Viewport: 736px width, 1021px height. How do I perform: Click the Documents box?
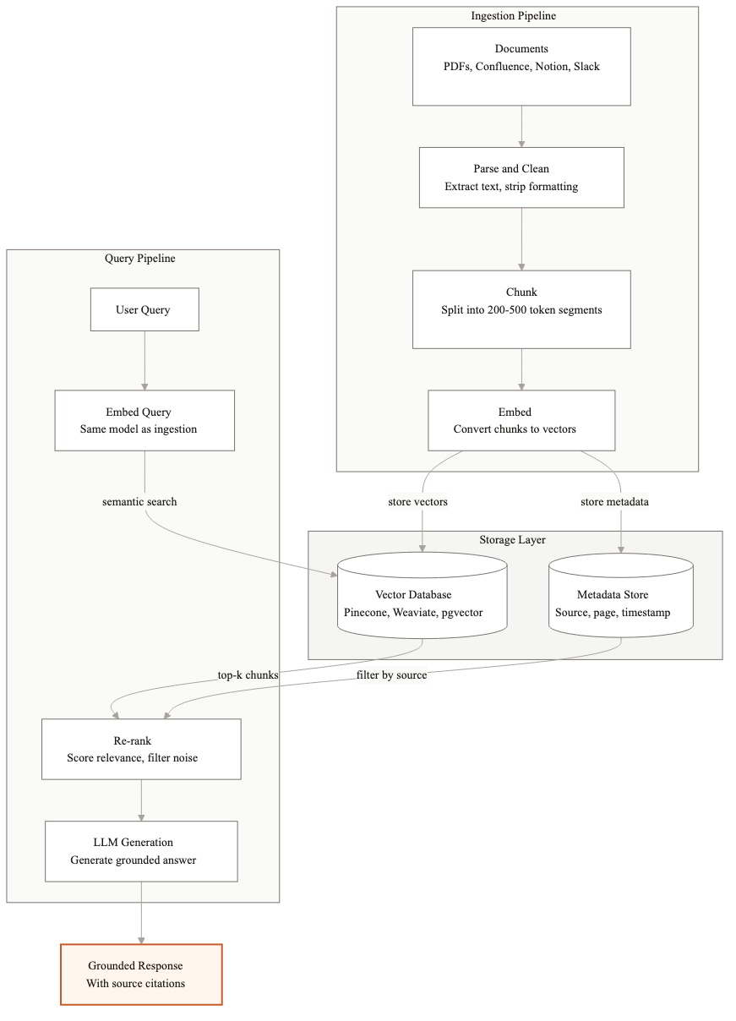(x=521, y=66)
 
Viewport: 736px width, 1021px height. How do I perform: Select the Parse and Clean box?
(x=521, y=177)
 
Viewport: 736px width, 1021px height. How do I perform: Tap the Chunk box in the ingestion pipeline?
(x=521, y=309)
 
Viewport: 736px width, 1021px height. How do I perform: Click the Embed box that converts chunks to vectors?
(x=521, y=420)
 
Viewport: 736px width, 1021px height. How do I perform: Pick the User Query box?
(x=144, y=309)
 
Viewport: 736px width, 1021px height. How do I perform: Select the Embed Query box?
(x=144, y=420)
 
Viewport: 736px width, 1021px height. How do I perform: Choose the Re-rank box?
(x=141, y=749)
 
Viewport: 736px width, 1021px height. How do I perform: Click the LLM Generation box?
(x=141, y=850)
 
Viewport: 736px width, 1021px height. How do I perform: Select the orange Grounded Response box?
(x=141, y=975)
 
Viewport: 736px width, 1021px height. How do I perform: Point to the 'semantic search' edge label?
(x=139, y=501)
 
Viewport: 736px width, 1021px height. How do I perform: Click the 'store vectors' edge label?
(x=417, y=501)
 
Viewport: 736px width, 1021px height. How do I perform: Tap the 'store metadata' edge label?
(x=614, y=501)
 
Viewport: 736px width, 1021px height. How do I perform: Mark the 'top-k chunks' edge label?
(x=248, y=674)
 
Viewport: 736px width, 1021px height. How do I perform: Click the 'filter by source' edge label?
(x=390, y=674)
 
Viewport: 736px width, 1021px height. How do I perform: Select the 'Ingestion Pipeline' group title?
(x=514, y=15)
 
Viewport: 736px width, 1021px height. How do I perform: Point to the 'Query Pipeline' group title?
(x=140, y=258)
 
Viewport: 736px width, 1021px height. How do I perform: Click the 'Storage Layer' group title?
(x=513, y=539)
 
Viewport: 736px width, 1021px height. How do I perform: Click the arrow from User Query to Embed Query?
(x=144, y=360)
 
